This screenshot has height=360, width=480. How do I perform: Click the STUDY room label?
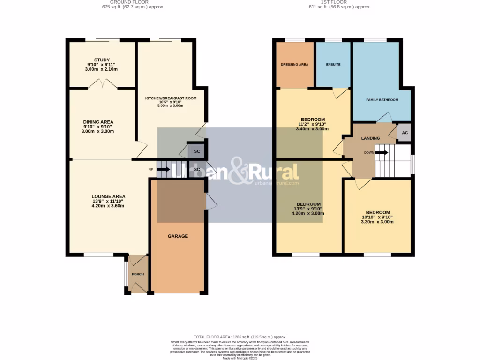point(101,60)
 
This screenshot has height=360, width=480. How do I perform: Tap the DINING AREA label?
point(98,122)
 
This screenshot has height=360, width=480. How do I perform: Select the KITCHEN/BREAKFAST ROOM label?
point(171,98)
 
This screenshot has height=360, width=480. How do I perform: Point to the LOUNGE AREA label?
point(108,196)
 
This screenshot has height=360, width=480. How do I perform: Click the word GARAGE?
point(178,236)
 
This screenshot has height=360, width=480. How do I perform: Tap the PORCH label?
point(137,274)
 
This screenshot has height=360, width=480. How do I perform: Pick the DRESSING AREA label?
point(294,64)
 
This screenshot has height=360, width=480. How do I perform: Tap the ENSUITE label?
point(333,64)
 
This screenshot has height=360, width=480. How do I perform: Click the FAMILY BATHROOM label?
point(382,100)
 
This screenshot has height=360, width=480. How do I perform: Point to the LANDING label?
point(370,138)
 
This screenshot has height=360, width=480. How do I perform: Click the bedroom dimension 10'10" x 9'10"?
point(377,217)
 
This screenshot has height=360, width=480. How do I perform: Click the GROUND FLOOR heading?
point(133,2)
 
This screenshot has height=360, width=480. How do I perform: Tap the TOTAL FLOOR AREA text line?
point(240,337)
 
